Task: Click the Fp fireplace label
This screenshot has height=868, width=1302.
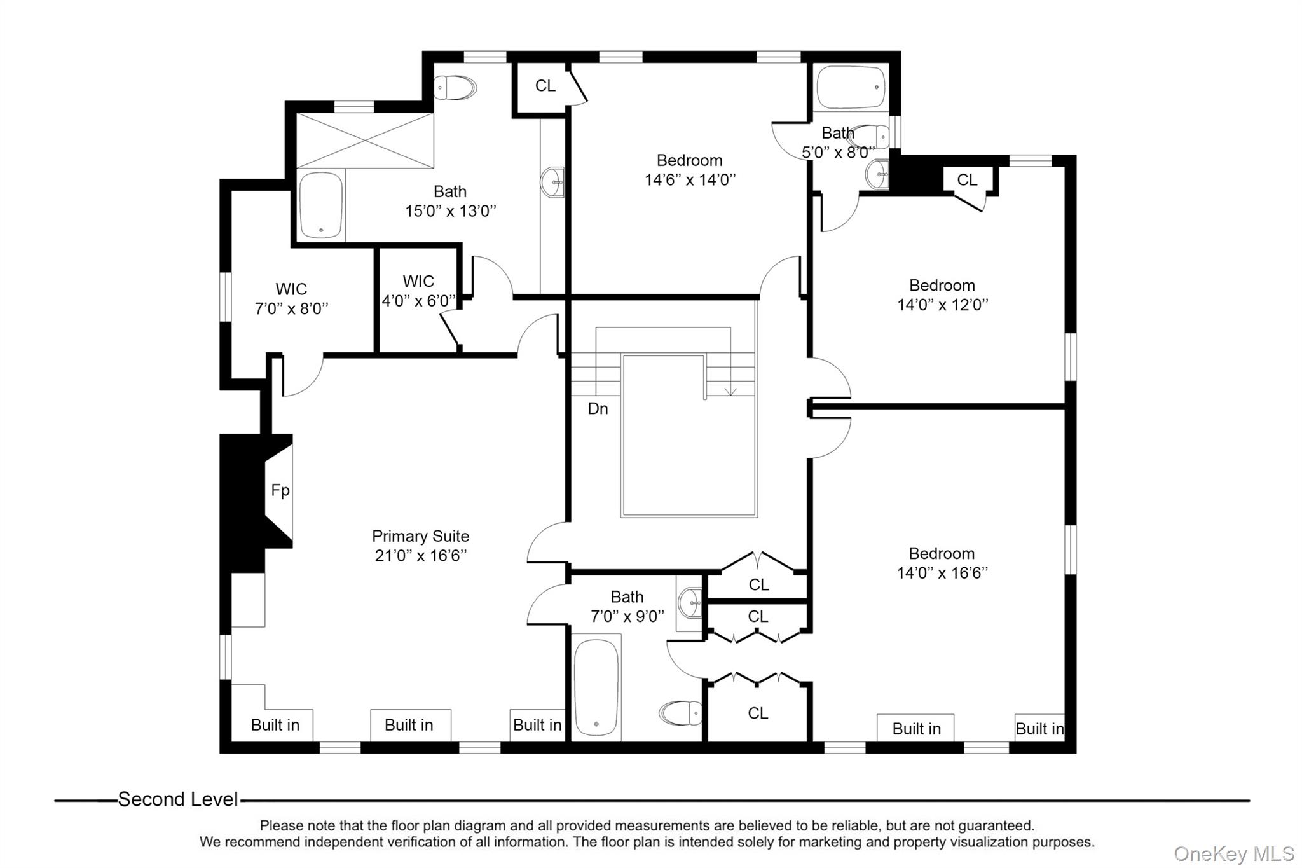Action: click(280, 490)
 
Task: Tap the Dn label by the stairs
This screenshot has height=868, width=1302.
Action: click(598, 408)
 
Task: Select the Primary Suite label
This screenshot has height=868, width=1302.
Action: click(420, 536)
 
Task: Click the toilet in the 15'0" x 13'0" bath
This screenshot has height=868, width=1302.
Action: click(455, 88)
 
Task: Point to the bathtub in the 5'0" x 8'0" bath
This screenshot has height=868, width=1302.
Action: click(850, 87)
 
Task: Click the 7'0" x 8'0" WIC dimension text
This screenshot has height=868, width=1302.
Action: click(292, 308)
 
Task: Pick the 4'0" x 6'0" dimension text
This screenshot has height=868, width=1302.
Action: click(418, 301)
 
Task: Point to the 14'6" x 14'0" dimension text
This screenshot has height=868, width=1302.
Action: click(690, 180)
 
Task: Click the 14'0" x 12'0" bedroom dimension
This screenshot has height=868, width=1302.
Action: click(942, 305)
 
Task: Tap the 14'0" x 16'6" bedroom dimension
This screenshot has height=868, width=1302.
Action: click(942, 573)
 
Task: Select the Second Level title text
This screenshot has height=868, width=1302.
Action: click(178, 799)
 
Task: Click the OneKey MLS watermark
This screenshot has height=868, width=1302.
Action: click(1234, 853)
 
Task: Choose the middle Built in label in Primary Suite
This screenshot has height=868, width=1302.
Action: click(409, 725)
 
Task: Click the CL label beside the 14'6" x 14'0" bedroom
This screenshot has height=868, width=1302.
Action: click(545, 86)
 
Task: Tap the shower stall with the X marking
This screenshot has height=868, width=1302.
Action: click(365, 141)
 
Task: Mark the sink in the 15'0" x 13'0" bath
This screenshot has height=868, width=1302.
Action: click(552, 183)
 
